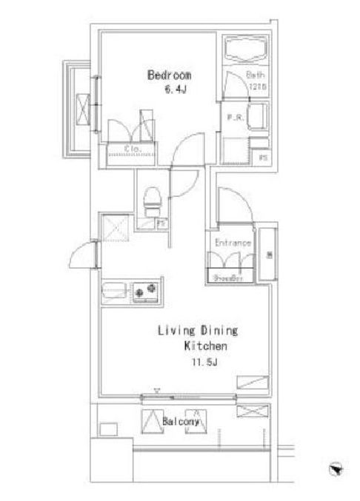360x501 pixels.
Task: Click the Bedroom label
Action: [170, 75]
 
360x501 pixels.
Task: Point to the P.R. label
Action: [234, 117]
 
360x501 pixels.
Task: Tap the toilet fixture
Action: [152, 201]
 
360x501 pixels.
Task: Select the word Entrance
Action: [233, 243]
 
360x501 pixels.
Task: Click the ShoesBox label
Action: [229, 279]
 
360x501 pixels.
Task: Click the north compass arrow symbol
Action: [336, 468]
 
